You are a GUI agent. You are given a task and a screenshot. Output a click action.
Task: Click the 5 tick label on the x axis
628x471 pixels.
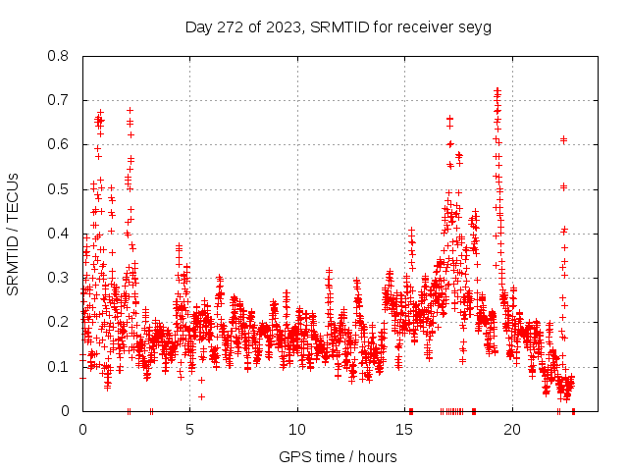pos(190,429)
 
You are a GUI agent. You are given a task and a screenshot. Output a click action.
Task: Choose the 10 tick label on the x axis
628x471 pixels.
pos(297,429)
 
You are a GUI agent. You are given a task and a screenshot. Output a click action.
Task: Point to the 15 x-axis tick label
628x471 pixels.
pos(405,429)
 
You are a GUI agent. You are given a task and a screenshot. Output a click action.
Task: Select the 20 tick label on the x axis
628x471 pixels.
pos(512,429)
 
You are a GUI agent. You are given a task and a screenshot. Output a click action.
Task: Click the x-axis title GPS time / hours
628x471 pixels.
pos(338,456)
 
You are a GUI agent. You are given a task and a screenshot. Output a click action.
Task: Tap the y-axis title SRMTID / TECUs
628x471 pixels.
pos(14,234)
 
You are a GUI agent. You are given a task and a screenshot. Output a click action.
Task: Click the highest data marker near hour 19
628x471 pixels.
pos(497,91)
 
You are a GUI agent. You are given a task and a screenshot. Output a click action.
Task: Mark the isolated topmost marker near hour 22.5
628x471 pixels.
pos(563,139)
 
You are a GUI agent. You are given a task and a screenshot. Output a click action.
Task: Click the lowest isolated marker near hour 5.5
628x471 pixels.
pos(201,396)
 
